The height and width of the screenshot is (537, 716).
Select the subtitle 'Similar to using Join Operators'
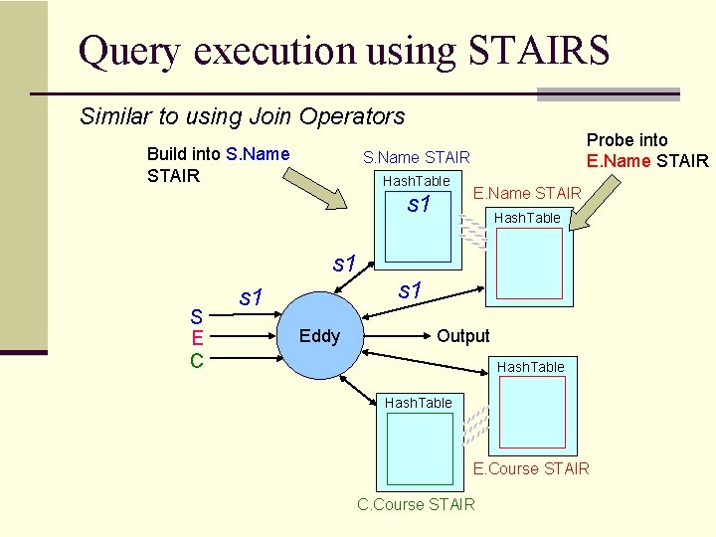click(x=242, y=116)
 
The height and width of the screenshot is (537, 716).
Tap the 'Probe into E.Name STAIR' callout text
click(x=646, y=150)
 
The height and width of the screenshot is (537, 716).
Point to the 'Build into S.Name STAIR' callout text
click(x=218, y=165)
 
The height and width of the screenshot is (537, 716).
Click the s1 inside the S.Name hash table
click(x=419, y=207)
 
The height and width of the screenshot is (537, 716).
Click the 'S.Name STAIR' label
click(x=416, y=157)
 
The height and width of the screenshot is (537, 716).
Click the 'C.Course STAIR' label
click(x=416, y=504)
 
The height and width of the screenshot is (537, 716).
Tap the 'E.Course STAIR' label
click(x=531, y=468)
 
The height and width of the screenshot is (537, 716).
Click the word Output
click(x=463, y=336)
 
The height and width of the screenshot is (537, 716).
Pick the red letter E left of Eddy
click(x=197, y=338)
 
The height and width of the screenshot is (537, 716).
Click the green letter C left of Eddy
click(x=197, y=359)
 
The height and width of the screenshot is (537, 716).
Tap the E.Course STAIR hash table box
click(x=531, y=416)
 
